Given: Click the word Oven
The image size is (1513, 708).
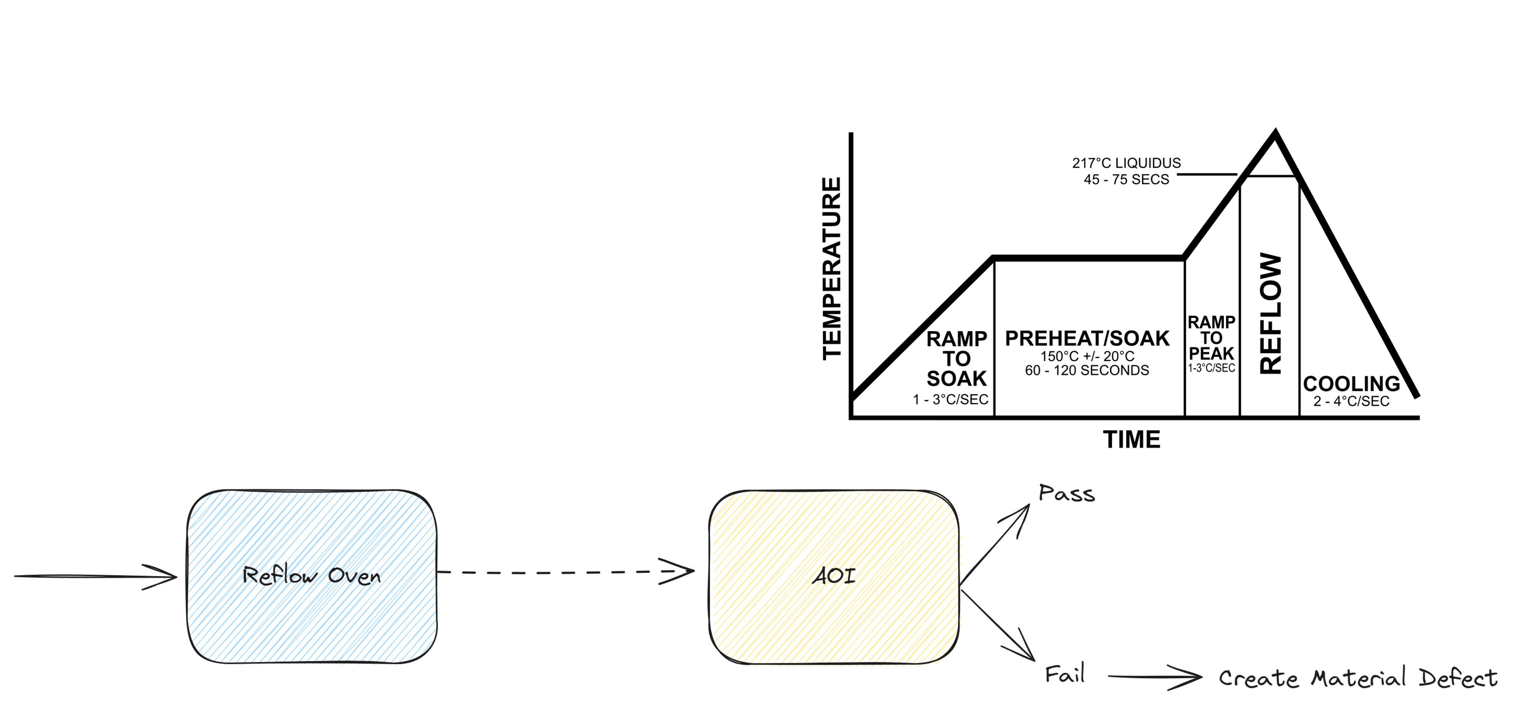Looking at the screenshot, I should point(354,576).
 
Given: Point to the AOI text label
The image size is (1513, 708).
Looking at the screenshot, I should point(834,576).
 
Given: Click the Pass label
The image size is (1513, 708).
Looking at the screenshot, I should point(1067,494).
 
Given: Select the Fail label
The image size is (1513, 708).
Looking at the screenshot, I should point(1064,674).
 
